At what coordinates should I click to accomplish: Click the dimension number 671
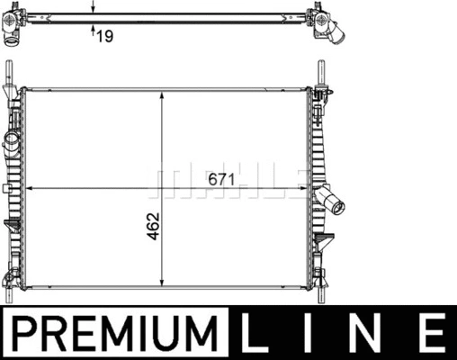pyautogui.click(x=221, y=179)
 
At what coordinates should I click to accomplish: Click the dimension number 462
pyautogui.click(x=153, y=226)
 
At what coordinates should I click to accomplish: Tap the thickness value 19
pyautogui.click(x=104, y=36)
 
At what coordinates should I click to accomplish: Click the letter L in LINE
pyautogui.click(x=254, y=332)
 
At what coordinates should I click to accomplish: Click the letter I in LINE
pyautogui.click(x=308, y=332)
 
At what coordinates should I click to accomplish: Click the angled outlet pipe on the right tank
pyautogui.click(x=330, y=200)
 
